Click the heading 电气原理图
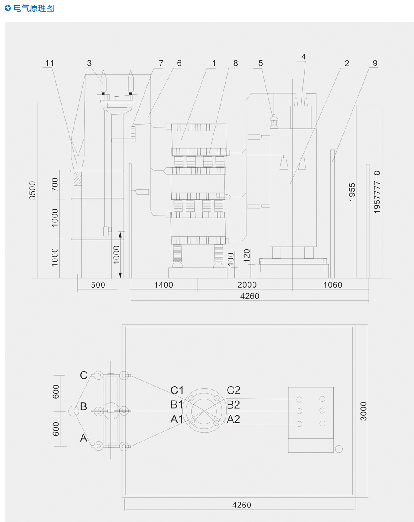click(34, 8)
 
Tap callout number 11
click(50, 63)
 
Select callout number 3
click(89, 63)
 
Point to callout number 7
click(161, 63)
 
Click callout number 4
click(303, 57)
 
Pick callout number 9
click(375, 63)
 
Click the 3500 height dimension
click(32, 190)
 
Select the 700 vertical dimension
click(55, 185)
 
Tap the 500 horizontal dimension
click(98, 285)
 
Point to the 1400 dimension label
click(164, 285)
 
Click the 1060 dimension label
click(333, 285)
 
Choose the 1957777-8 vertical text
click(377, 192)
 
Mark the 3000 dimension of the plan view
click(363, 411)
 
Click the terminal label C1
click(177, 390)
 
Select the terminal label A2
click(233, 419)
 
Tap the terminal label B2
click(233, 405)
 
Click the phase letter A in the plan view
click(84, 438)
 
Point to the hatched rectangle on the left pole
click(77, 179)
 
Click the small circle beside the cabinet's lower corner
click(339, 449)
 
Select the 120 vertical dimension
click(247, 256)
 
